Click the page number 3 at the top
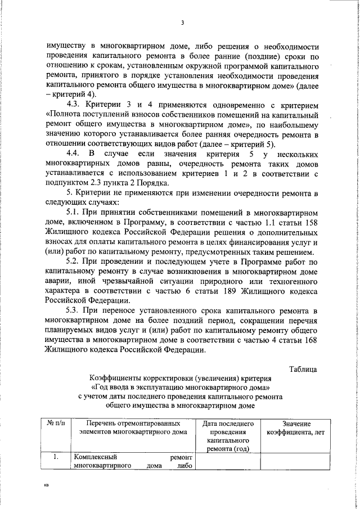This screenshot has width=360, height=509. [x=183, y=22]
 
